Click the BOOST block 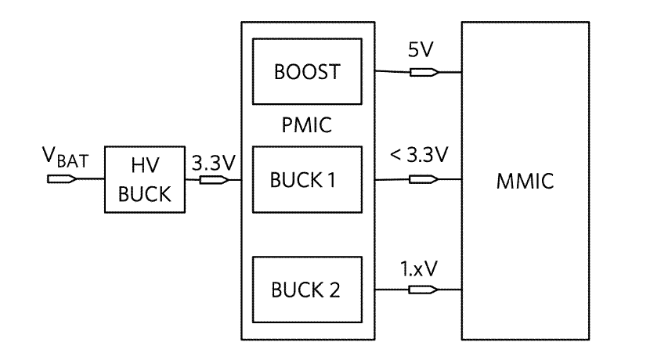(x=306, y=73)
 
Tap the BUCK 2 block (x=306, y=290)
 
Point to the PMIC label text (x=305, y=125)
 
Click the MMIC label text (x=524, y=182)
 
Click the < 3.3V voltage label (x=421, y=155)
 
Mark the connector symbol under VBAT (x=61, y=179)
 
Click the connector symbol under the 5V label (x=424, y=74)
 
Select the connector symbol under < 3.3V (x=424, y=180)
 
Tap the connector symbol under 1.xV (x=424, y=290)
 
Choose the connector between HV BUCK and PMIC (x=213, y=179)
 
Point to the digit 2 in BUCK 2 (x=334, y=290)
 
